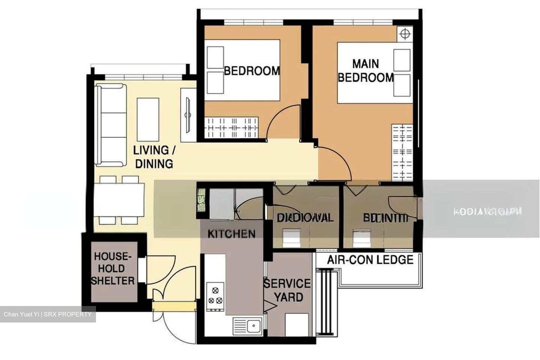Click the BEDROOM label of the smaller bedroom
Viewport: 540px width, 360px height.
click(x=252, y=70)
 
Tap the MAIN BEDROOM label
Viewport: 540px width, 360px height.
click(x=366, y=70)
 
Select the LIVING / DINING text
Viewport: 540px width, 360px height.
click(x=154, y=157)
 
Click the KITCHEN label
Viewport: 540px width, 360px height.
click(x=231, y=234)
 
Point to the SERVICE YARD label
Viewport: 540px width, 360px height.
click(x=287, y=290)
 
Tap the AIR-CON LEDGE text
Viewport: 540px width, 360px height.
click(x=370, y=259)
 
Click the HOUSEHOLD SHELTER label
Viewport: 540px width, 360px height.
click(x=112, y=268)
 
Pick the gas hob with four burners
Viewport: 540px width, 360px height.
click(x=215, y=295)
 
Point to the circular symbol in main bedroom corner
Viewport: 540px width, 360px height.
click(x=404, y=34)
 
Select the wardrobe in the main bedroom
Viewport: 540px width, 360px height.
click(x=402, y=152)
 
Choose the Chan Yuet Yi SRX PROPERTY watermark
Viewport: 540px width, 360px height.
click(x=48, y=314)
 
